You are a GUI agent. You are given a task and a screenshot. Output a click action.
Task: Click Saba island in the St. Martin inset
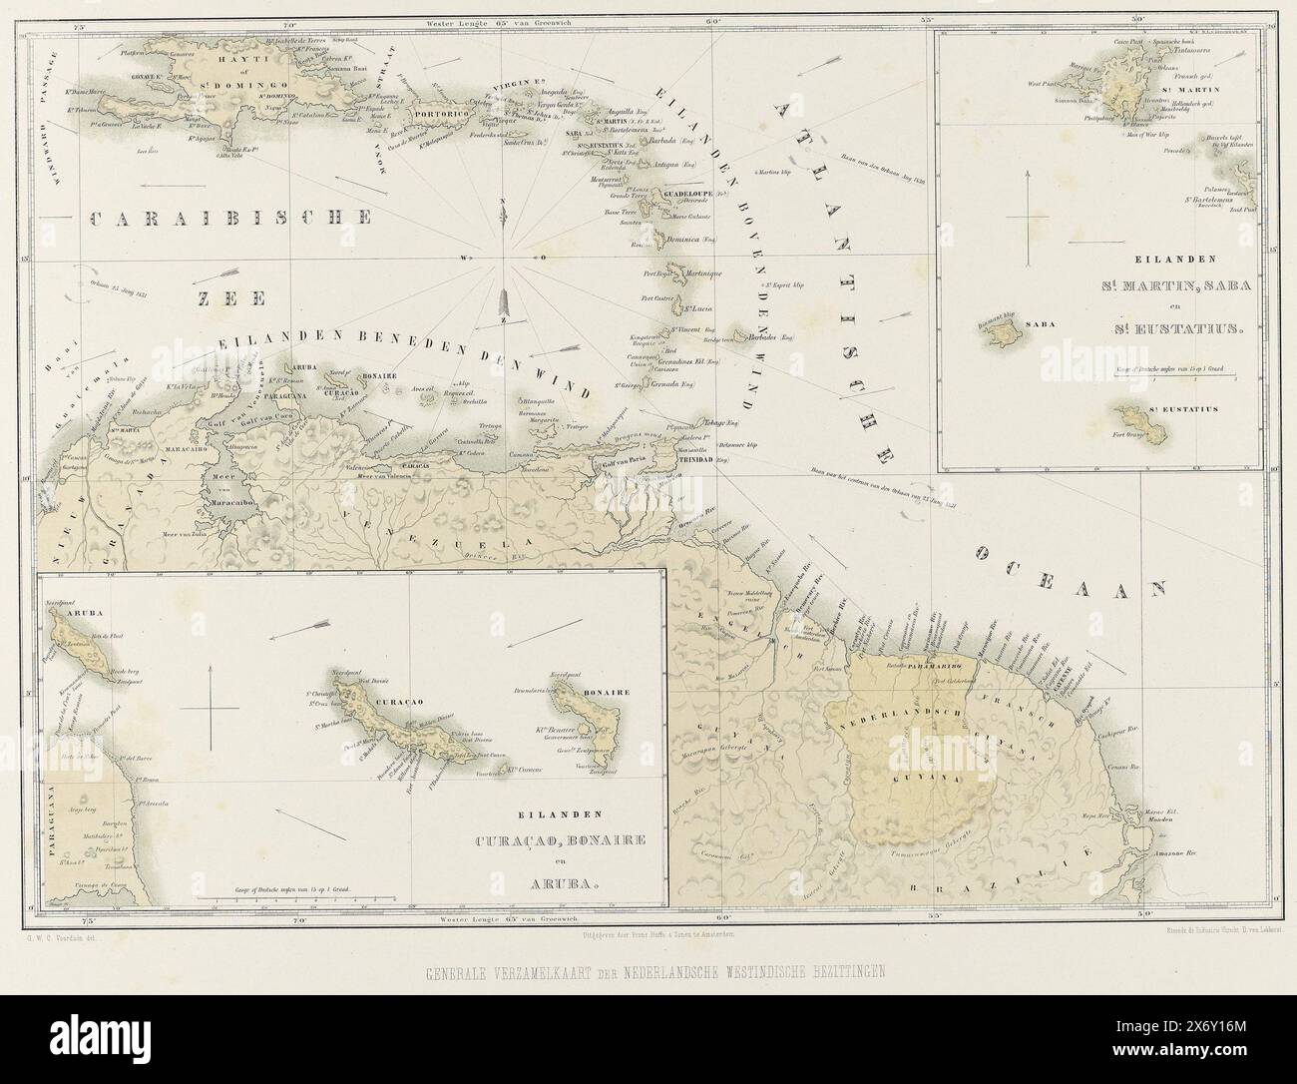999,335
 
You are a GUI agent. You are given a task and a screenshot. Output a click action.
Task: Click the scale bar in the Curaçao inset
296,900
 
